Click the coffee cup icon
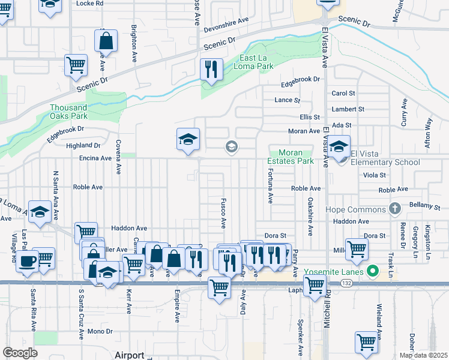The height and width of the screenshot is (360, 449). tap(26, 261)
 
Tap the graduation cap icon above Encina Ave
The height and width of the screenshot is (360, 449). tap(188, 140)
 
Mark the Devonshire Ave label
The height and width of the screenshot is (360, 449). tap(226, 20)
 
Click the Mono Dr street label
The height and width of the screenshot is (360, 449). tap(100, 331)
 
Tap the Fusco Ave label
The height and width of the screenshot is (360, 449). tap(223, 213)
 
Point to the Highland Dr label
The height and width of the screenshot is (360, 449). tap(83, 145)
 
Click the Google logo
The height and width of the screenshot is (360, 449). tap(20, 353)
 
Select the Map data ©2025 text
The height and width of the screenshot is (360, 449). tap(423, 355)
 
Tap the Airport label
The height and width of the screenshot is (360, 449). tap(129, 355)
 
